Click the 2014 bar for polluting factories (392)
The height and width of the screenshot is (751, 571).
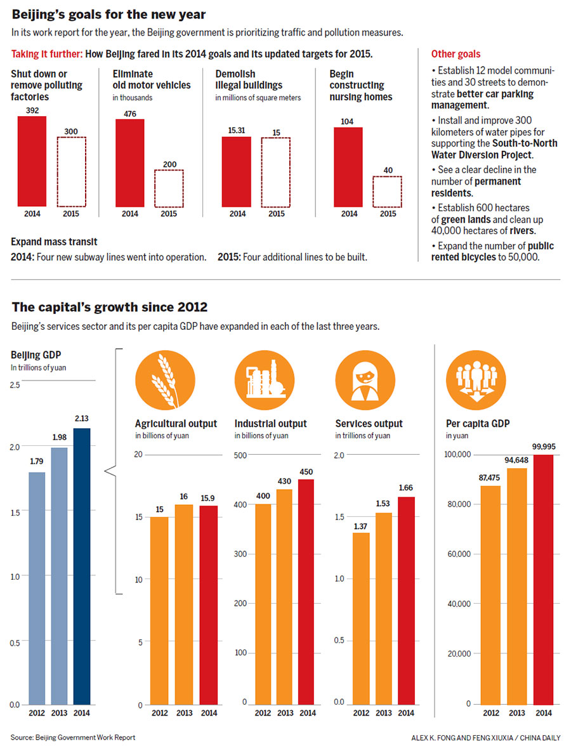[32, 161]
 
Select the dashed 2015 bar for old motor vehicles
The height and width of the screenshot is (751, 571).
[169, 188]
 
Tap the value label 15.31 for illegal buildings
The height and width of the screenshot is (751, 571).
[236, 129]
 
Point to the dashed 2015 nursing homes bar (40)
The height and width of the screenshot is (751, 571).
[387, 192]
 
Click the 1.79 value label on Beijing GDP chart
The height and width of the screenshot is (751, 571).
[37, 460]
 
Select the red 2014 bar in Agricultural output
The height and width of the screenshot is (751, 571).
[207, 605]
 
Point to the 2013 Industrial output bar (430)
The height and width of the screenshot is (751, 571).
[285, 597]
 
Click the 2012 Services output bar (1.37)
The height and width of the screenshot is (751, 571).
[361, 618]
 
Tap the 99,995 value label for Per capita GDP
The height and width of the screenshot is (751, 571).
[543, 447]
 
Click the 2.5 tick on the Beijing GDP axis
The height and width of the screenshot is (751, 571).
[15, 385]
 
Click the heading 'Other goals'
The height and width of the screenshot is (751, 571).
[456, 55]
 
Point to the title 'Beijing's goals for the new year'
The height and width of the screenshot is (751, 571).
[108, 13]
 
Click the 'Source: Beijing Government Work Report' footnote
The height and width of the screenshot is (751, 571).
[73, 737]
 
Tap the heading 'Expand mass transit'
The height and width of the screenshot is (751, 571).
[54, 242]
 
